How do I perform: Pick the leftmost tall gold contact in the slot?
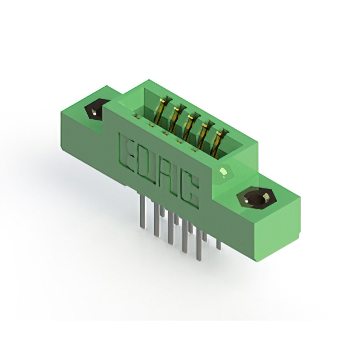coord(163,111)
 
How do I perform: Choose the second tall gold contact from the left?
coord(176,119)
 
